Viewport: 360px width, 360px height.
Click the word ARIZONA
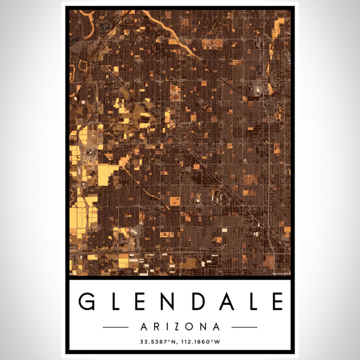click(180, 327)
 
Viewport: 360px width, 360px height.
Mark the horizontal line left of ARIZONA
click(115, 327)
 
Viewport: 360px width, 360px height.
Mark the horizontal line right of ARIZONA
click(244, 327)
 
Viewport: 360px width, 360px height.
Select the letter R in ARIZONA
click(157, 327)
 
